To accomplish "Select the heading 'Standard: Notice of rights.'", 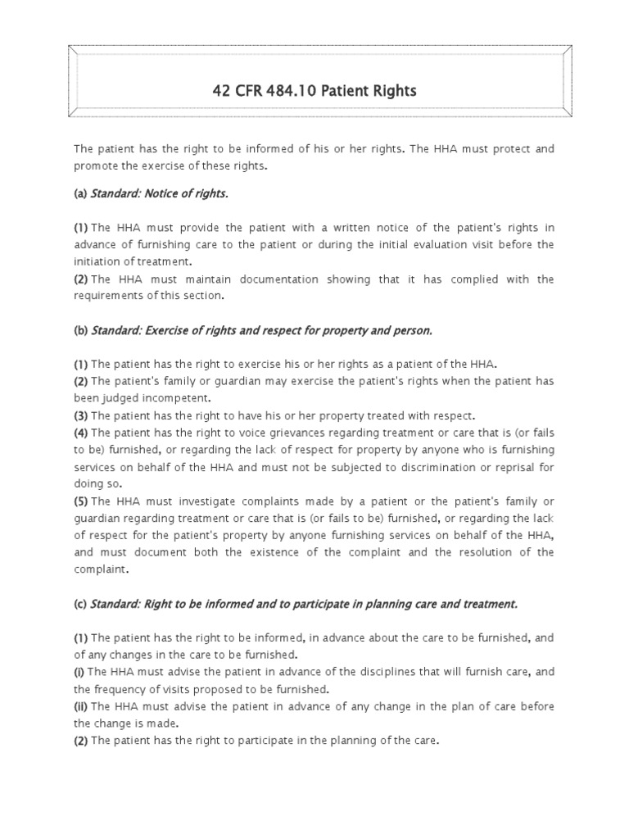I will (160, 194).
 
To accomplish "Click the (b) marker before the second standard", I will (80, 330).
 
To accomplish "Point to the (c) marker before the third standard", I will (80, 604).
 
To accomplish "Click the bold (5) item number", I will (80, 501).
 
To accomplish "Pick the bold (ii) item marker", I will (81, 706).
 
